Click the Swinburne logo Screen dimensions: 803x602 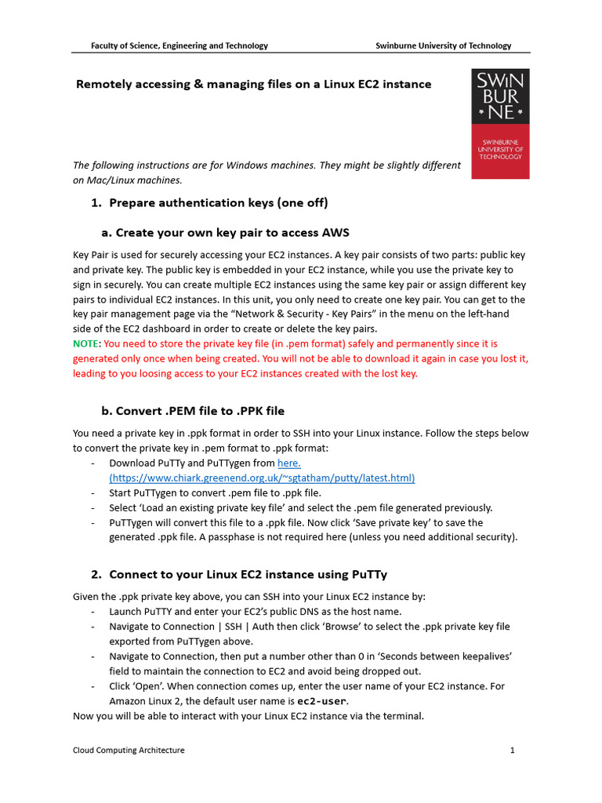pos(500,123)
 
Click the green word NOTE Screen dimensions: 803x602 pos(86,344)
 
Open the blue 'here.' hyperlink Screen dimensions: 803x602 pos(289,463)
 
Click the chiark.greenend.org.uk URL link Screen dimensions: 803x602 pos(262,478)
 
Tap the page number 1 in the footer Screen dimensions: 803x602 pos(512,750)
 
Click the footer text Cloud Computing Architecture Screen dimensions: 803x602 pos(129,750)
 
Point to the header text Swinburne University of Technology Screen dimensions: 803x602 pos(444,46)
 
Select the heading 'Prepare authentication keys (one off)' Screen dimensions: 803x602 pos(218,203)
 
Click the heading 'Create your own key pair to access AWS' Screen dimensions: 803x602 pos(232,233)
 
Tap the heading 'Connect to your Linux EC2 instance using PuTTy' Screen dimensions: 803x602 pos(248,575)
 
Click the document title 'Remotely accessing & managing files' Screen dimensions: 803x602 pos(253,84)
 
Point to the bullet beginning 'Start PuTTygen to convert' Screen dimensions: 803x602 pos(215,493)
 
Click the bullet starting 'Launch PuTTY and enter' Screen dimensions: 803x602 pos(255,612)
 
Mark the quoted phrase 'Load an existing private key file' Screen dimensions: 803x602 pos(212,508)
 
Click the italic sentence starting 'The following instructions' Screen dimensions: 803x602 pos(267,165)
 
